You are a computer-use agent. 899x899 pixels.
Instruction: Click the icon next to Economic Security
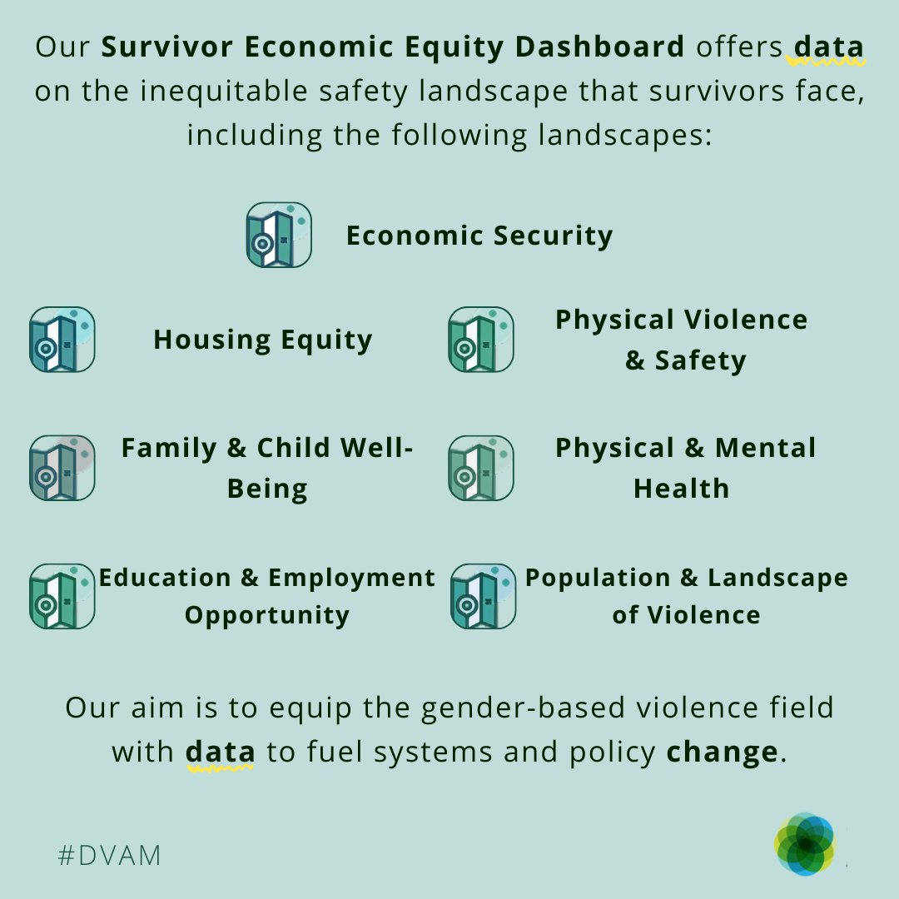pyautogui.click(x=279, y=235)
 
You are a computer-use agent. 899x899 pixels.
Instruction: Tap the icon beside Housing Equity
pyautogui.click(x=62, y=340)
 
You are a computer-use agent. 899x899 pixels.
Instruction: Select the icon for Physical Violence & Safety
pyautogui.click(x=481, y=340)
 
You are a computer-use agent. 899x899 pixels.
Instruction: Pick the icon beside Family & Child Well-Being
pyautogui.click(x=62, y=468)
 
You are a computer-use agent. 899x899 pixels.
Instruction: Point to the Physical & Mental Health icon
pyautogui.click(x=481, y=468)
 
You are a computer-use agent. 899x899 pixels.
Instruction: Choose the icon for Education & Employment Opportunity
pyautogui.click(x=62, y=596)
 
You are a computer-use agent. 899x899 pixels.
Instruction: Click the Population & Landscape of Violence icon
pyautogui.click(x=483, y=596)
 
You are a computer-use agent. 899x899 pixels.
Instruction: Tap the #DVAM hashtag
pyautogui.click(x=109, y=855)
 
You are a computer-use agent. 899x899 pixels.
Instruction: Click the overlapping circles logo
pyautogui.click(x=804, y=844)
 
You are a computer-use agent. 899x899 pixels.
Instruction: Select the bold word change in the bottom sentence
pyautogui.click(x=722, y=752)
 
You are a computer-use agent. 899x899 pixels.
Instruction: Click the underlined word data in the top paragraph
pyautogui.click(x=828, y=47)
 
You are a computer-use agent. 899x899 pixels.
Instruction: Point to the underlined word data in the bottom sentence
pyautogui.click(x=221, y=752)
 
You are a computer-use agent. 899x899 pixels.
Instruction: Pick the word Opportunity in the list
pyautogui.click(x=266, y=615)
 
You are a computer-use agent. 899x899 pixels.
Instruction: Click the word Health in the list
pyautogui.click(x=681, y=488)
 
